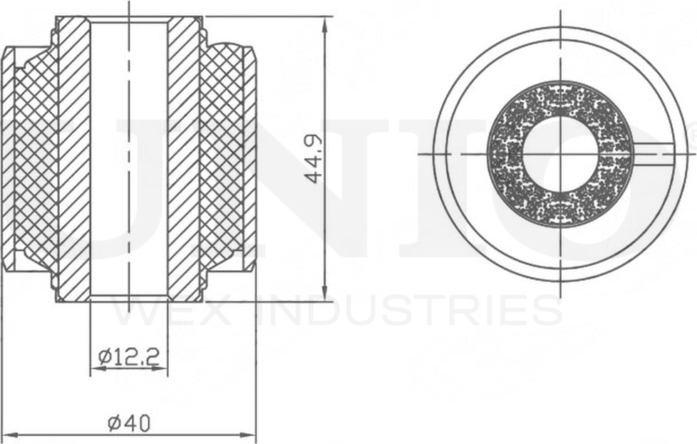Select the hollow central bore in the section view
tap(129, 157)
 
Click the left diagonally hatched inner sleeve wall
tap(73, 157)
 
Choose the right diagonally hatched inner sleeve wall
tap(184, 157)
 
